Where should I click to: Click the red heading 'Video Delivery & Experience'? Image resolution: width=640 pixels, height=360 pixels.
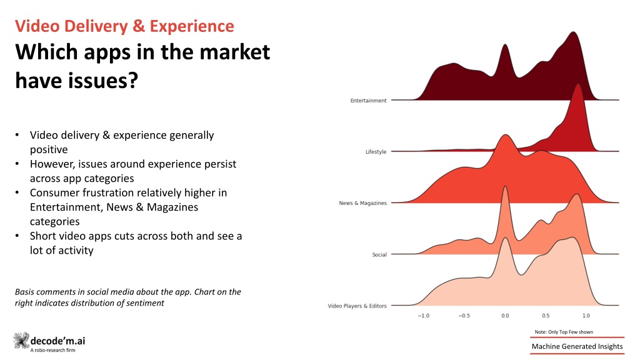124,26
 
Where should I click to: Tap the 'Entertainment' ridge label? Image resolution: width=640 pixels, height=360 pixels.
368,101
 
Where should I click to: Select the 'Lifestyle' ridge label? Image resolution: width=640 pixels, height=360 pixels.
376,152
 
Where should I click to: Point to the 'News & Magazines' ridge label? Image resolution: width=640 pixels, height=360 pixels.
363,203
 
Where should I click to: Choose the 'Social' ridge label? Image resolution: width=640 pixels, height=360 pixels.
379,255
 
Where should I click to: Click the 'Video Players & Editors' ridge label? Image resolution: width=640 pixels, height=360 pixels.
357,306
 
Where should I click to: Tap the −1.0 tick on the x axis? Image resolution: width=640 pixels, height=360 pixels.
423,316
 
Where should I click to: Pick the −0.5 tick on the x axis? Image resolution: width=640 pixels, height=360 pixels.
464,316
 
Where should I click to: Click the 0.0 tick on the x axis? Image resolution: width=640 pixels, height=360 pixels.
505,316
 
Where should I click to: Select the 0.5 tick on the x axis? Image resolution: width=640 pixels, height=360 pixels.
546,316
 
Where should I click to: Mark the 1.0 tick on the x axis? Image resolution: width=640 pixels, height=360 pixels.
586,316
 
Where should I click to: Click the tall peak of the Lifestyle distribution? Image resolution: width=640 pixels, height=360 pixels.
577,85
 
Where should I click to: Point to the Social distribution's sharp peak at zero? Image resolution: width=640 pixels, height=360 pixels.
505,187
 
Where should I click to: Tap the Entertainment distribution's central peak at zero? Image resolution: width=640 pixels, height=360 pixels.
505,45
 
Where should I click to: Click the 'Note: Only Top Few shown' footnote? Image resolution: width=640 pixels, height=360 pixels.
564,332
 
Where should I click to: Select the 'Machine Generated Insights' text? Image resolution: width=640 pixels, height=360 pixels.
577,346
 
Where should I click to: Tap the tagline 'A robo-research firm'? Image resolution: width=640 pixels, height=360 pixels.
52,350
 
